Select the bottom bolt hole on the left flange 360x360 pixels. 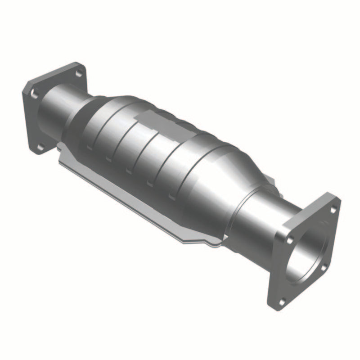(40, 146)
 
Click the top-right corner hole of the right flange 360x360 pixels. (333, 209)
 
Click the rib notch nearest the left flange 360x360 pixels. (90, 147)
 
